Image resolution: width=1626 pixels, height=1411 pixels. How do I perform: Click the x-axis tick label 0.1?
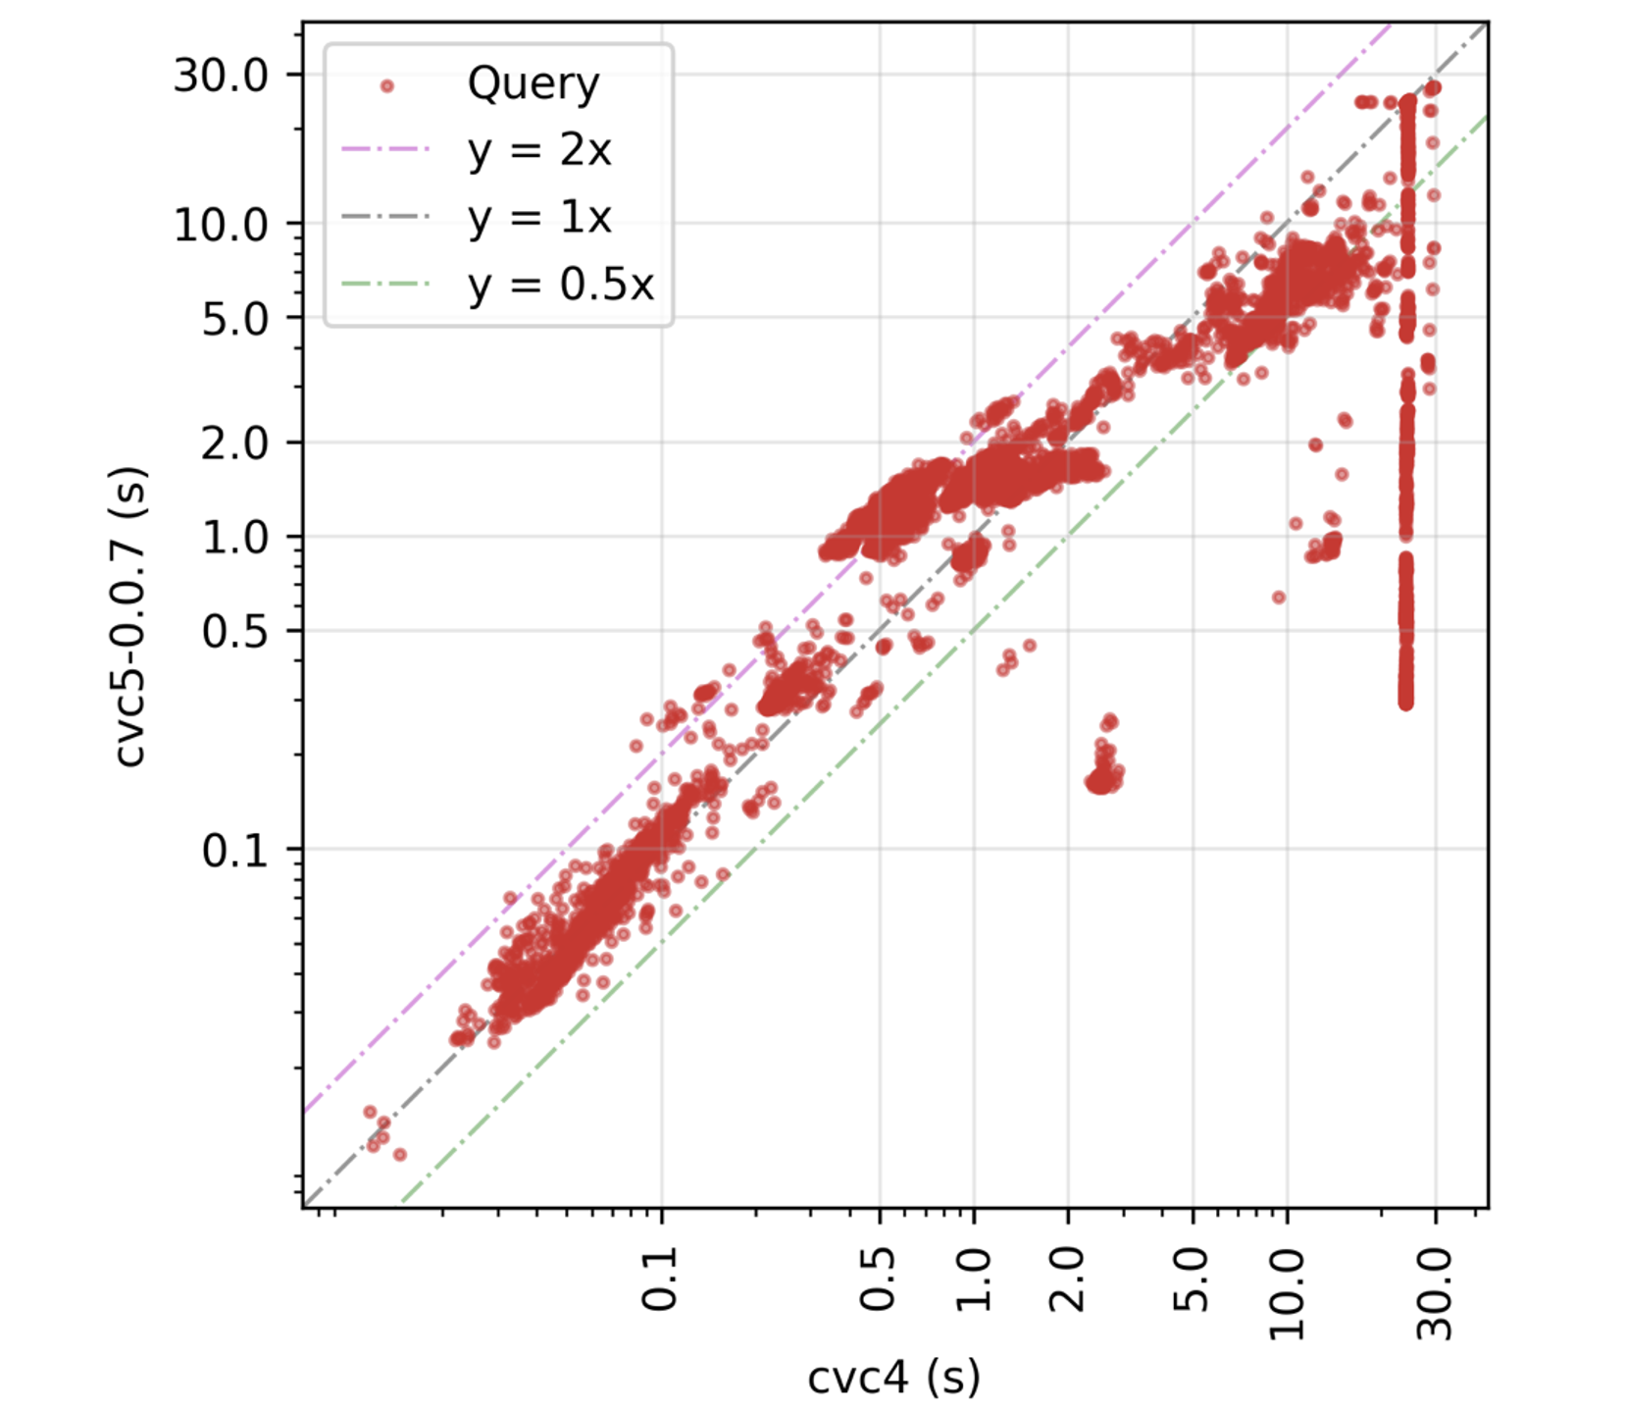pos(660,1280)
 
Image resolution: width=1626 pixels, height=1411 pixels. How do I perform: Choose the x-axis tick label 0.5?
pos(879,1280)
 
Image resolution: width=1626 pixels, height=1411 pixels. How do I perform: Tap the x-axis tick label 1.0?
pos(974,1280)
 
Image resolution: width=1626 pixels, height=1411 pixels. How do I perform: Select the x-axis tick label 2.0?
pos(1068,1280)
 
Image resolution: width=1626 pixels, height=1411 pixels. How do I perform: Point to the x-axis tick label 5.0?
pos(1193,1280)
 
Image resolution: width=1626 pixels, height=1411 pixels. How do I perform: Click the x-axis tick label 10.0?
pos(1288,1294)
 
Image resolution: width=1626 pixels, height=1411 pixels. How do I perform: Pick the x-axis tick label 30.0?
pos(1437,1294)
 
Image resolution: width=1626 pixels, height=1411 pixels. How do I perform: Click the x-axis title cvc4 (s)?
pos(893,1377)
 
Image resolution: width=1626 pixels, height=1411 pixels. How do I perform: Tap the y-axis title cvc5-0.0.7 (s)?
pos(130,615)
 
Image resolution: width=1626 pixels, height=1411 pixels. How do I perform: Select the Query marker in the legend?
pos(386,86)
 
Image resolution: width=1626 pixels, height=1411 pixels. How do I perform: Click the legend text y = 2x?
pos(539,150)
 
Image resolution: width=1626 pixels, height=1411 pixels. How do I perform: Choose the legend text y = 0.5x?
pos(560,285)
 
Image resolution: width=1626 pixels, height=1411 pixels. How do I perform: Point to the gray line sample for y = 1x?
pos(386,217)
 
